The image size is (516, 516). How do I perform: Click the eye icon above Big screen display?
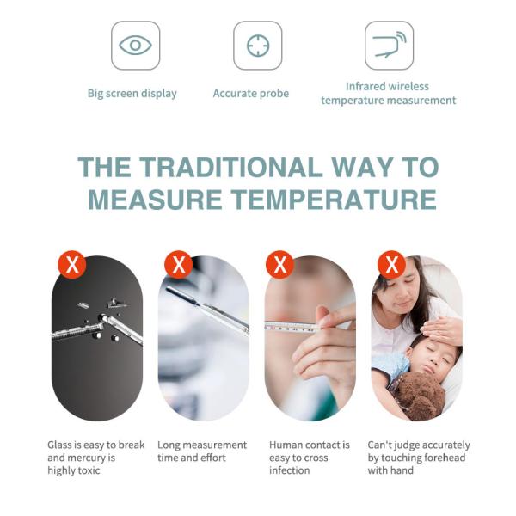[135, 45]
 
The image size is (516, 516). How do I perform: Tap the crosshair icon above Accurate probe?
[258, 46]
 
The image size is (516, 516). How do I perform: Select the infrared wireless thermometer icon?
[390, 46]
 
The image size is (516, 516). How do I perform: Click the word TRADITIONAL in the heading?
[230, 167]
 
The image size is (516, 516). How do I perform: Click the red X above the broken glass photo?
[72, 265]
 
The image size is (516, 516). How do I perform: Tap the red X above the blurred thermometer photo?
[178, 265]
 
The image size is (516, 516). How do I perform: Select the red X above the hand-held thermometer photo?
[279, 265]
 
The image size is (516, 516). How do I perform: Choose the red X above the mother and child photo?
[391, 265]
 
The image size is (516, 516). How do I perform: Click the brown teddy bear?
[421, 396]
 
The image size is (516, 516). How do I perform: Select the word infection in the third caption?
[290, 470]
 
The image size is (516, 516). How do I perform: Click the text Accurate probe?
[251, 94]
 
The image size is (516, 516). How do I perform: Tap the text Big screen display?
[132, 94]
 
